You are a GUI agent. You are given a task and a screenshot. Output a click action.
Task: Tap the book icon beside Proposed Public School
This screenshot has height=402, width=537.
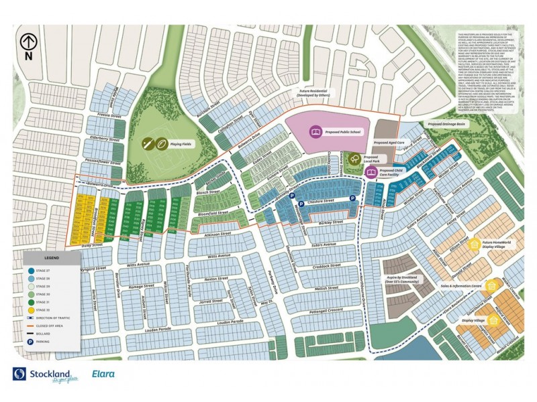point(315,133)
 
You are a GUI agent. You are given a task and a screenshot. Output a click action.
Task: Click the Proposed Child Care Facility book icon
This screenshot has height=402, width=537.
point(370,172)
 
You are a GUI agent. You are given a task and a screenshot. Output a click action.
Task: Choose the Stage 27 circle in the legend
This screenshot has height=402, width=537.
point(31,269)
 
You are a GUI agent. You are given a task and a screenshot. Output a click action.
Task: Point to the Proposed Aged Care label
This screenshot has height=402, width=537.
point(389,143)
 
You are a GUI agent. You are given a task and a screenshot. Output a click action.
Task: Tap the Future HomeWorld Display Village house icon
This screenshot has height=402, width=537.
point(475,244)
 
